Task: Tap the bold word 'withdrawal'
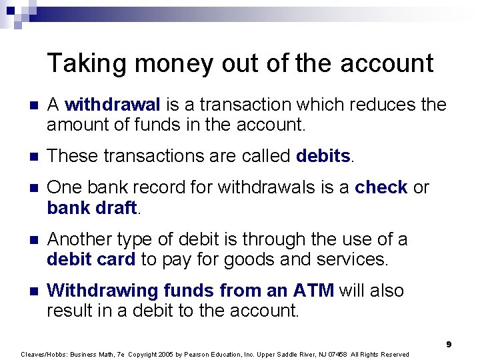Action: click(x=113, y=105)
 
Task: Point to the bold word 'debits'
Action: click(x=323, y=156)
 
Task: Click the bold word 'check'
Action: click(x=381, y=188)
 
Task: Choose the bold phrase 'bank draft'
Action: click(x=91, y=208)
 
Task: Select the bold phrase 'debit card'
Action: click(x=91, y=259)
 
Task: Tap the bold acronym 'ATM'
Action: click(x=315, y=291)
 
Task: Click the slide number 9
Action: click(x=449, y=344)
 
